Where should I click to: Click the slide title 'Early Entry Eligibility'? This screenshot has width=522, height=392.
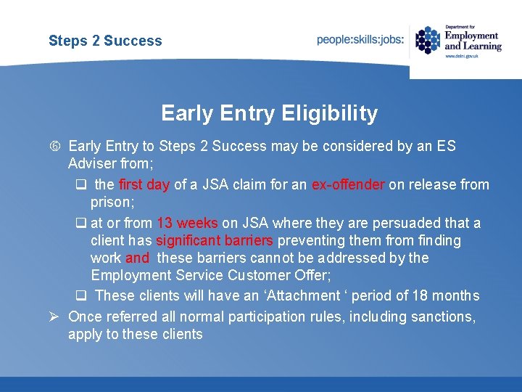coord(269,114)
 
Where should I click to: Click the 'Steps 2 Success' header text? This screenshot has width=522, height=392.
coord(105,41)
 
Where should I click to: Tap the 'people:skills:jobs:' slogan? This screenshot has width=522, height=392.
coord(360,40)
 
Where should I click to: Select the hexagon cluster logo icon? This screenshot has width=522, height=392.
coord(428,40)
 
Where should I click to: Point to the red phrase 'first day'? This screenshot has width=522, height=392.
coord(144,185)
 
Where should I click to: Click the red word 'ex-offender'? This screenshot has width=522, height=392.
coord(348,185)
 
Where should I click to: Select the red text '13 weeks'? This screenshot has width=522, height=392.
coord(187,223)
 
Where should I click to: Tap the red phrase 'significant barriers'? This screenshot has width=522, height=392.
coord(215,240)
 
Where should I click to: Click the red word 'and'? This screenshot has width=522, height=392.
coord(137,258)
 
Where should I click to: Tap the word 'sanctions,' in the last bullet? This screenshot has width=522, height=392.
coord(443,317)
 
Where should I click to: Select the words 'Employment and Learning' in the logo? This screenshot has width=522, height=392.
coord(472,40)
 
